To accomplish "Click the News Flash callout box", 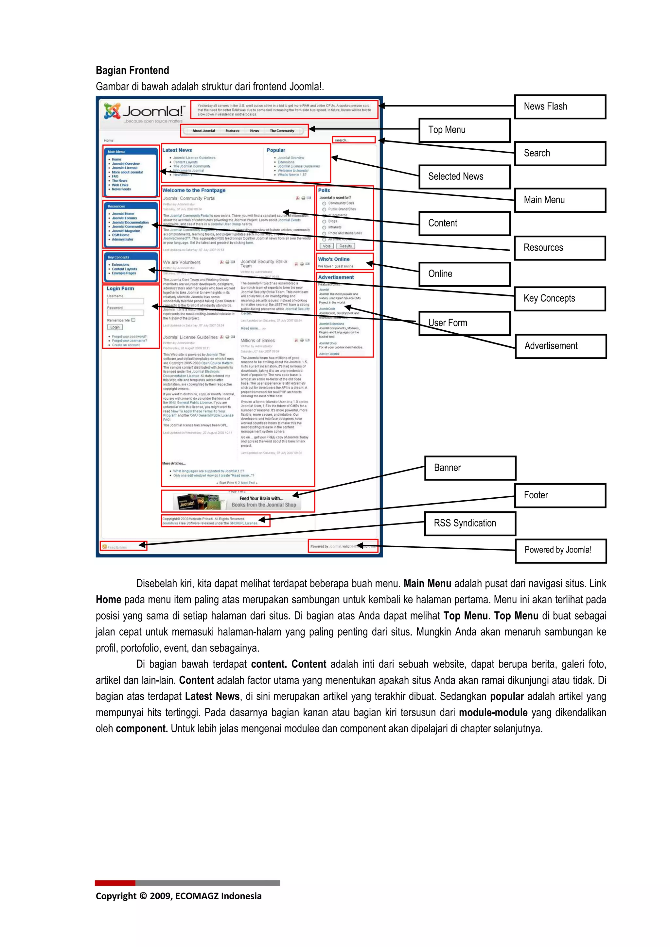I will (560, 107).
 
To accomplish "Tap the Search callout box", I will (560, 154).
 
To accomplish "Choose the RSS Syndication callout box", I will (470, 523).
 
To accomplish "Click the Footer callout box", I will (560, 495).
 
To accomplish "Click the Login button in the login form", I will (115, 327).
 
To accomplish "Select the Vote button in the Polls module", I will (326, 246).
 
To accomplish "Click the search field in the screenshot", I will (354, 140).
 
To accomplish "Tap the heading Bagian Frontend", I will (132, 71).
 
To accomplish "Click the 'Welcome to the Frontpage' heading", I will (194, 191).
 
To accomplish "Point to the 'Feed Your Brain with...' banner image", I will (238, 502).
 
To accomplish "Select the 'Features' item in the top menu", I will (232, 131).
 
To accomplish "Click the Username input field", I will (126, 302).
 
